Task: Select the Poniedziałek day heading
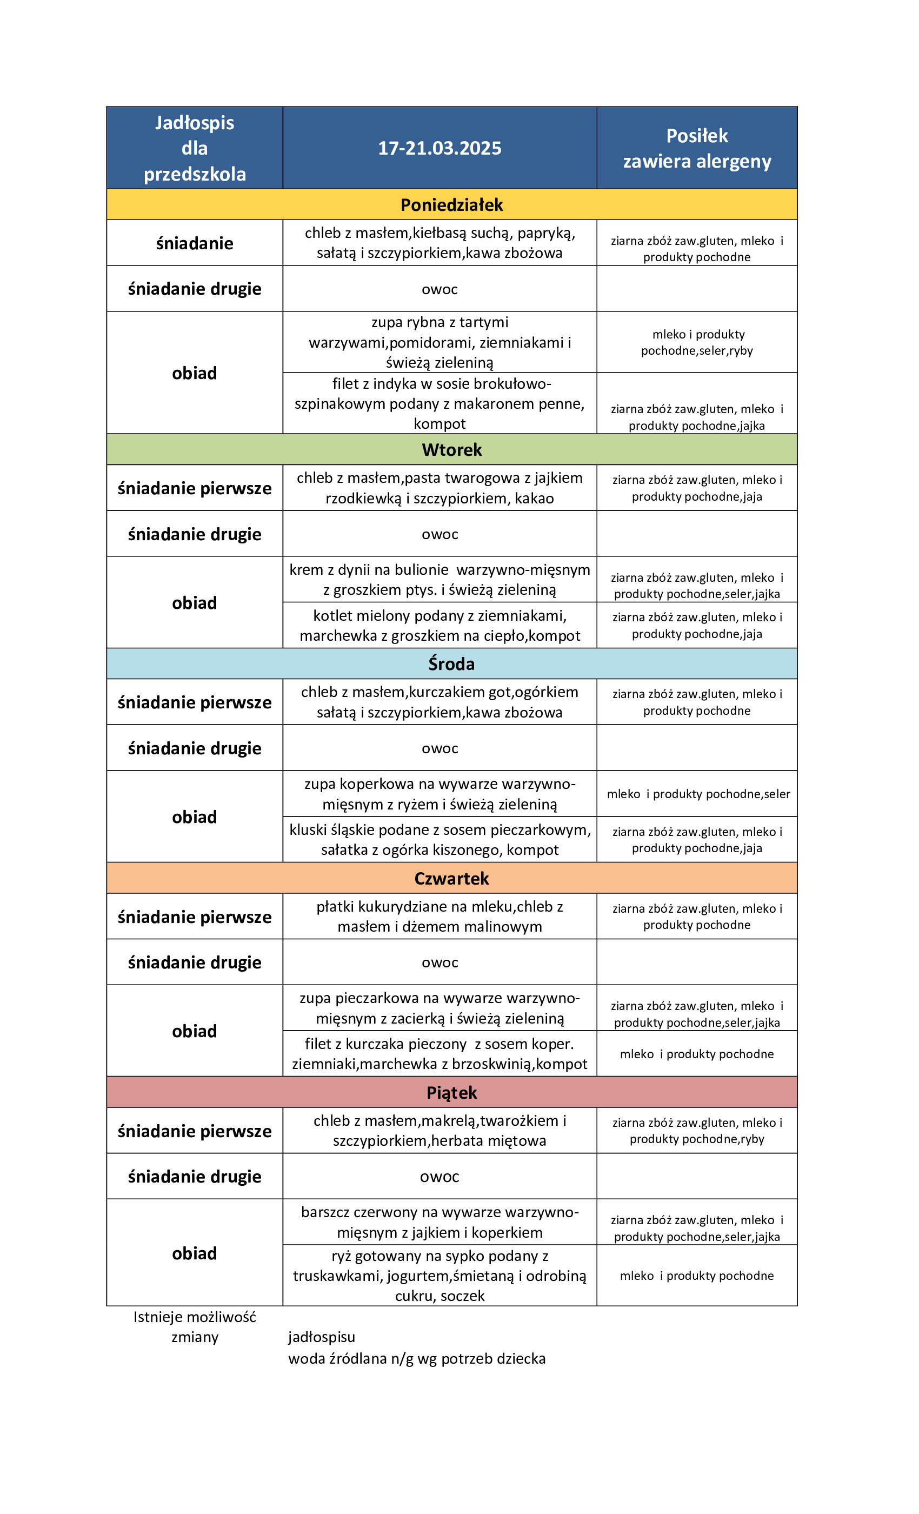point(451,204)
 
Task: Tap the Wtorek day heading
point(451,450)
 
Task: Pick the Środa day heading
point(451,663)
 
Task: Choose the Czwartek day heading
point(451,878)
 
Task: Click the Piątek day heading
point(451,1092)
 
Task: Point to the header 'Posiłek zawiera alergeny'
point(697,148)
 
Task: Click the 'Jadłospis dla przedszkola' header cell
point(194,148)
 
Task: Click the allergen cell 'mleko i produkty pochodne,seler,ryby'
point(697,342)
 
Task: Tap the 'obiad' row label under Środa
point(194,816)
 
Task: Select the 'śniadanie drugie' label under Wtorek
point(194,534)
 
